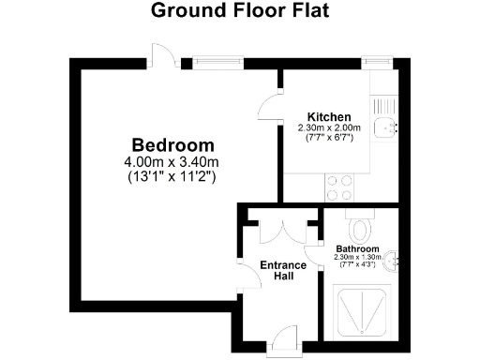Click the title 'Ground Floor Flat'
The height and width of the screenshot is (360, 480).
[x=239, y=13]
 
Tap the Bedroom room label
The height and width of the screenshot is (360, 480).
[x=172, y=146]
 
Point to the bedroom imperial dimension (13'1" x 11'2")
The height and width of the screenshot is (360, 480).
[x=172, y=176]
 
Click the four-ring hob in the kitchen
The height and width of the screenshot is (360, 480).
[x=339, y=188]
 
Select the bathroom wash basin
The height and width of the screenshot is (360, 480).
[x=395, y=259]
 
